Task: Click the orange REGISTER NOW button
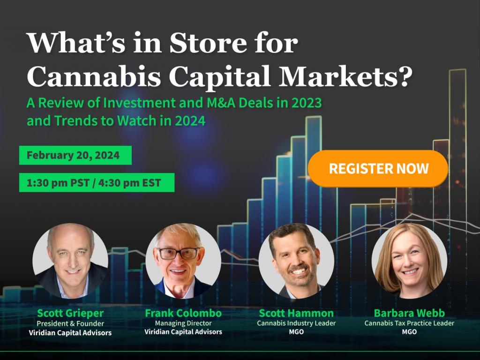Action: (378, 168)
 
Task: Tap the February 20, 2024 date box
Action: (75, 155)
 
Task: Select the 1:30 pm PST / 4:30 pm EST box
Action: (97, 183)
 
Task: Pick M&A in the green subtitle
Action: (221, 103)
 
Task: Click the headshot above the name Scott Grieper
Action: (70, 261)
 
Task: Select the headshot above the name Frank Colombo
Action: (183, 261)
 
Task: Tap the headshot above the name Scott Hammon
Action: (296, 261)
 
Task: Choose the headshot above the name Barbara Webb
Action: (409, 261)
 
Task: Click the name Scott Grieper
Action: (70, 314)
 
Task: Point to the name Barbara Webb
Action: (409, 313)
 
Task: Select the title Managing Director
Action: (183, 323)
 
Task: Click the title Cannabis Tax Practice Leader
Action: (409, 323)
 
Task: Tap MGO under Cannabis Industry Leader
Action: (296, 332)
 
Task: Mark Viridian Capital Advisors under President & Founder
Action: (70, 333)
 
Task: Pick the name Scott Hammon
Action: (296, 313)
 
